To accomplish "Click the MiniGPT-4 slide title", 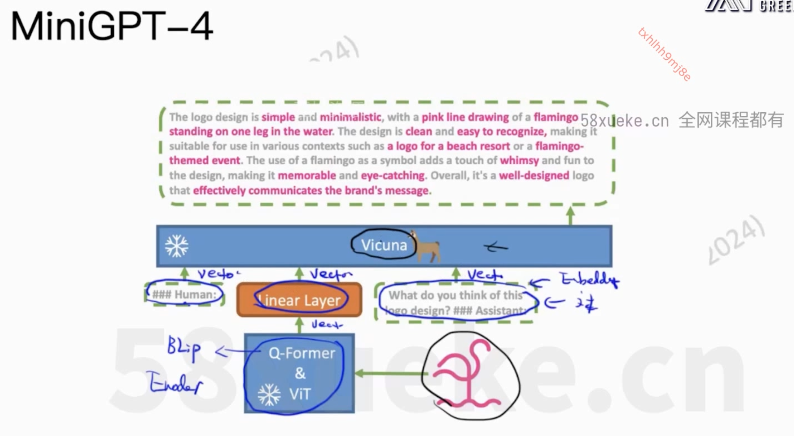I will point(112,26).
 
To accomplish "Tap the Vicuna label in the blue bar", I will point(384,245).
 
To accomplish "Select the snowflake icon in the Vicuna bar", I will point(177,246).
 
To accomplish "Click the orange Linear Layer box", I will point(299,300).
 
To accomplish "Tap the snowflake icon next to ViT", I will point(269,395).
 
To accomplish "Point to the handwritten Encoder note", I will point(176,383).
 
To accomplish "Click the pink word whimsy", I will point(519,161).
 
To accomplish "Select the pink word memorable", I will point(307,176).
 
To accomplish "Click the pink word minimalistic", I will point(350,117).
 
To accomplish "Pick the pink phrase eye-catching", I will point(393,176).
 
